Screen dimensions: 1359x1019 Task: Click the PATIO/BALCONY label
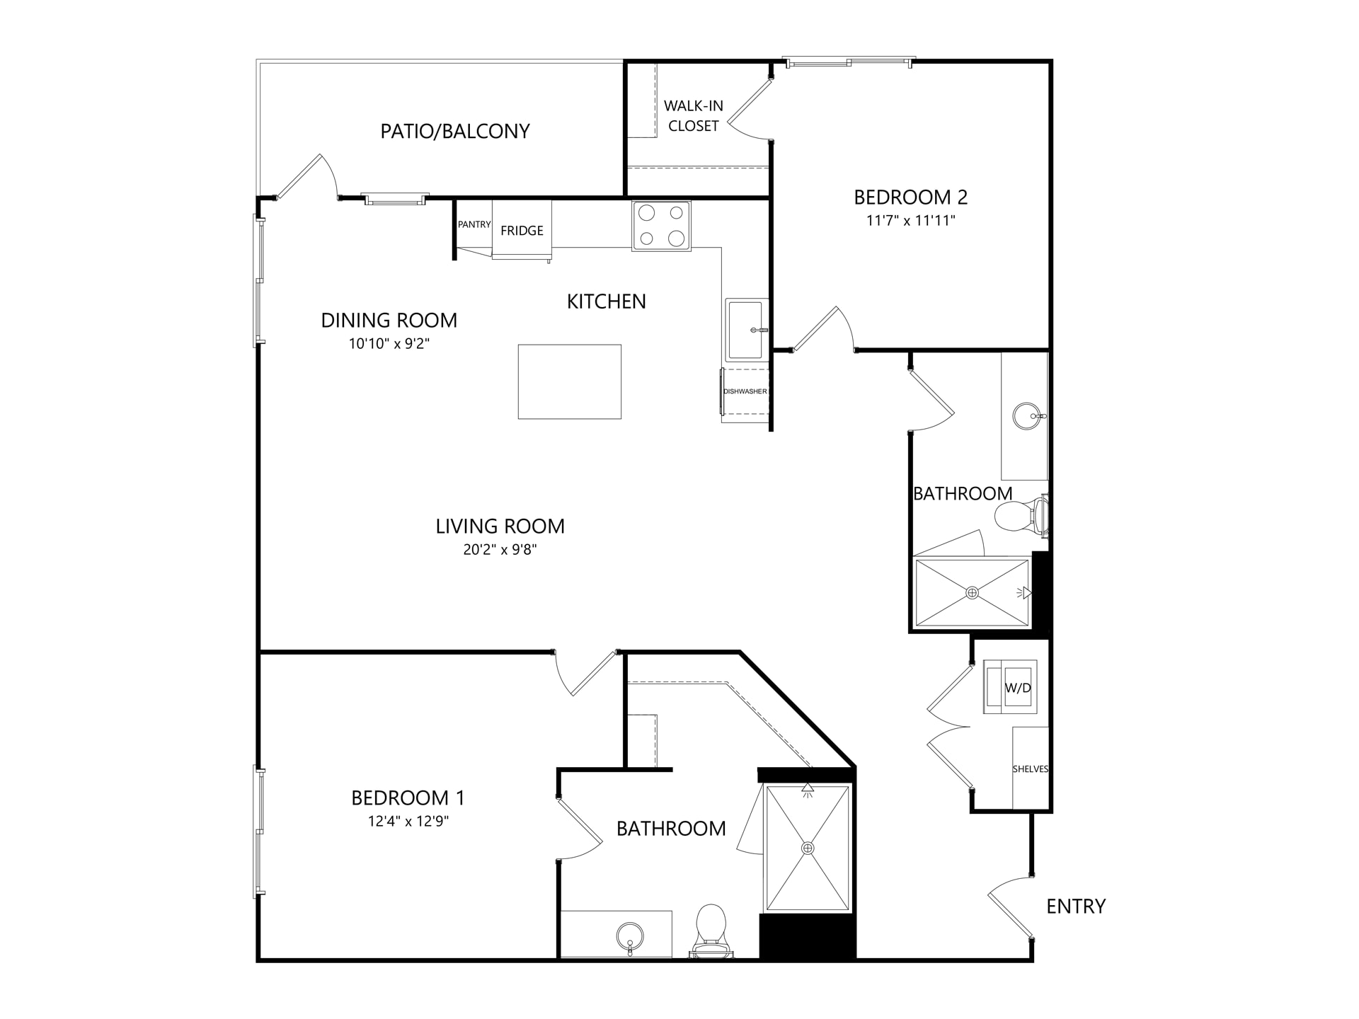pyautogui.click(x=455, y=132)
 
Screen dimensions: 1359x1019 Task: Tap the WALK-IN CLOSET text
pyautogui.click(x=694, y=116)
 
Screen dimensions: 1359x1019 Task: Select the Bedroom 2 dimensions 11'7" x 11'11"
pyautogui.click(x=911, y=220)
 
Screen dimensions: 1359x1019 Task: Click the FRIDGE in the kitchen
pyautogui.click(x=522, y=231)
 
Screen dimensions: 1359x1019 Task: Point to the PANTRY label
pyautogui.click(x=474, y=224)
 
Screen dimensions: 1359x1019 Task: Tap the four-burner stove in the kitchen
pyautogui.click(x=661, y=226)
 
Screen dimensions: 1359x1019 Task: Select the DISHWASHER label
pyautogui.click(x=745, y=391)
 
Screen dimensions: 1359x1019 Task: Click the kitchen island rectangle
pyautogui.click(x=570, y=381)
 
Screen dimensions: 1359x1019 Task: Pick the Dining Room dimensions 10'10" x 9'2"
pyautogui.click(x=389, y=344)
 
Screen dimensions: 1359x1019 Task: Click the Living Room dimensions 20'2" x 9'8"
pyautogui.click(x=500, y=549)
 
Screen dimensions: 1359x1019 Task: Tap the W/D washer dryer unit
pyautogui.click(x=1011, y=687)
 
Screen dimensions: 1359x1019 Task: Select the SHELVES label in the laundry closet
pyautogui.click(x=1031, y=769)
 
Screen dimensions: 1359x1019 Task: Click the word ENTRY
pyautogui.click(x=1076, y=906)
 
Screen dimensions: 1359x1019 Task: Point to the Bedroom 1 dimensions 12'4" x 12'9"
pyautogui.click(x=408, y=822)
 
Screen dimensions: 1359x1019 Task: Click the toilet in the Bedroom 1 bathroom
pyautogui.click(x=711, y=931)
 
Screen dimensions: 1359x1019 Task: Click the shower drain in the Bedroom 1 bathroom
pyautogui.click(x=808, y=848)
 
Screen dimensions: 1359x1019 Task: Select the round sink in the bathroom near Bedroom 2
pyautogui.click(x=1027, y=416)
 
